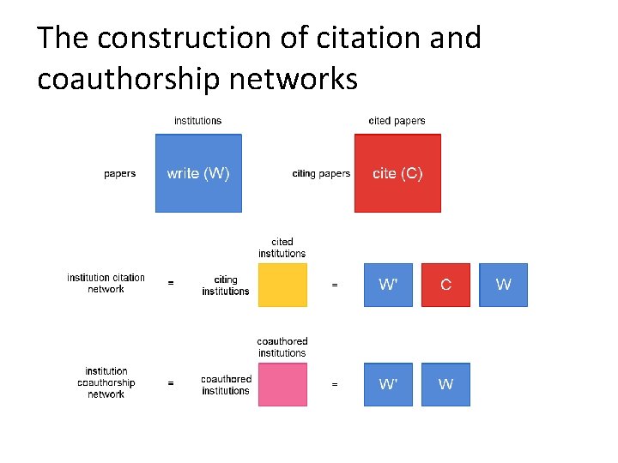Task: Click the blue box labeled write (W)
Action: point(198,173)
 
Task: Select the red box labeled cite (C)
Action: point(397,173)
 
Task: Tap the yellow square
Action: point(282,285)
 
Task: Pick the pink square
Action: point(282,384)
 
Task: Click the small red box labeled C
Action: point(445,285)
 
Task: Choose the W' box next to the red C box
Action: point(388,285)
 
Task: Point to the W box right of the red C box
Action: point(503,285)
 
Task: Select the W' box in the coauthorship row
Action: point(388,384)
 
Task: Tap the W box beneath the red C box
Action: point(445,384)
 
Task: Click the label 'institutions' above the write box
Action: point(197,121)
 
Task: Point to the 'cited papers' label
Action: point(397,121)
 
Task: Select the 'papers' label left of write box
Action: point(119,174)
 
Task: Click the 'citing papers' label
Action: point(321,174)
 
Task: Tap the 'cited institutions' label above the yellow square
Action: point(282,248)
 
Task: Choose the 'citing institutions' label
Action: point(226,286)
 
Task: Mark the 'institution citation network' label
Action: point(106,283)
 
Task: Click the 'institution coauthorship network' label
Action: point(106,382)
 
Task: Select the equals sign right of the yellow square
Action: point(335,285)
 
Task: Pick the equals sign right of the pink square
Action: point(335,384)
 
